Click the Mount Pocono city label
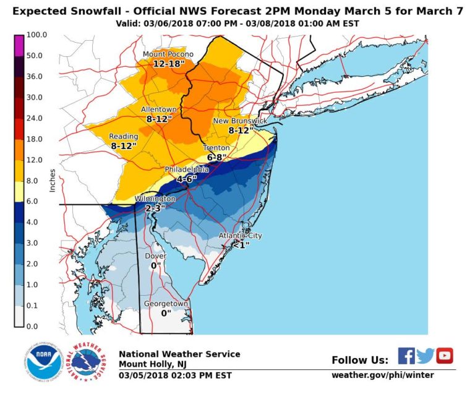coord(168,54)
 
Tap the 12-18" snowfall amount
coord(168,64)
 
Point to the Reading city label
coord(124,137)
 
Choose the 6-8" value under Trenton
coord(218,158)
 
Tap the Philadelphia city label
coord(186,169)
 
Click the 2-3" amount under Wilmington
coord(155,208)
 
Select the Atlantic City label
coord(240,236)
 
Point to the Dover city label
coord(155,255)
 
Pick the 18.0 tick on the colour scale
coord(35,139)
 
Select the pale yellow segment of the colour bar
coord(19,191)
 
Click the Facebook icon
coord(406,356)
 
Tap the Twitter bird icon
coord(425,356)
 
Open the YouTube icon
coord(445,356)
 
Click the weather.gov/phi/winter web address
coord(383,375)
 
